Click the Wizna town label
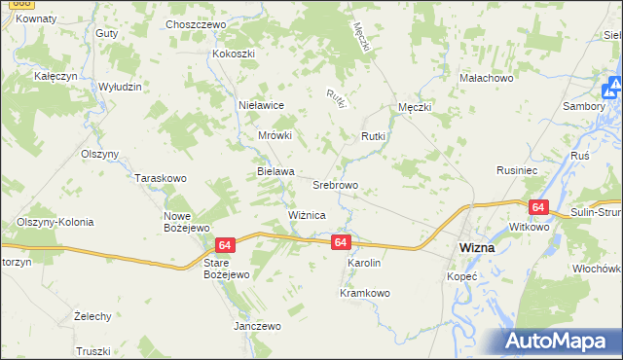click(476, 248)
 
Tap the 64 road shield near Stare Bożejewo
click(226, 247)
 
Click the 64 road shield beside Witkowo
click(538, 207)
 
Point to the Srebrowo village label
click(335, 184)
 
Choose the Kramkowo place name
click(365, 293)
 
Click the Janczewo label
click(257, 326)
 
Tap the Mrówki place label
click(275, 136)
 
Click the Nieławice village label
click(261, 103)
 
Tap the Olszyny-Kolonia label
click(55, 222)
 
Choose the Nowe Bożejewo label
click(187, 221)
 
